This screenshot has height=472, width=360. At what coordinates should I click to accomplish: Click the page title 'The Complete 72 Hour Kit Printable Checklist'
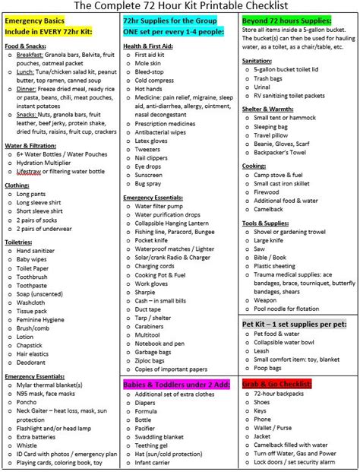tap(179, 6)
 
